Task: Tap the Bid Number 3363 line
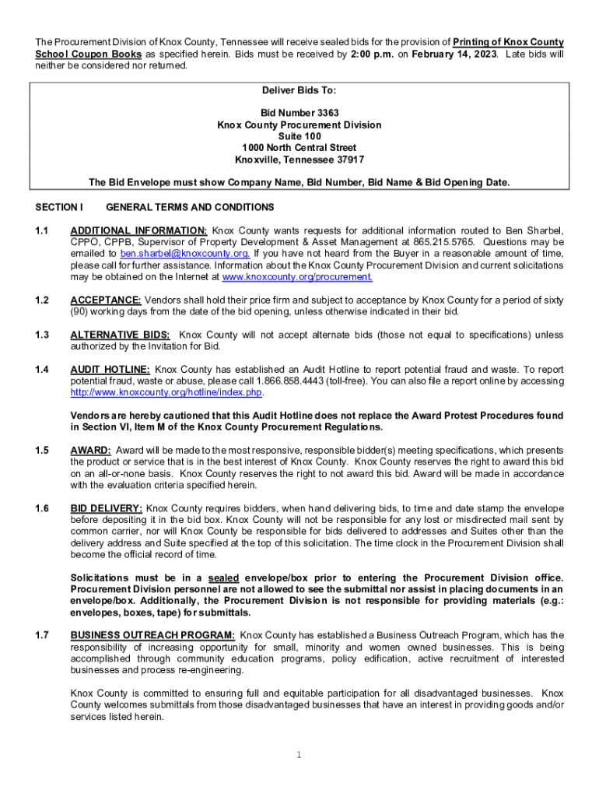(299, 113)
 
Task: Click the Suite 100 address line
(299, 136)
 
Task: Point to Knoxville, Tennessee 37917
(299, 160)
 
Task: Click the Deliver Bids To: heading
(299, 90)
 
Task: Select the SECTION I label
(59, 207)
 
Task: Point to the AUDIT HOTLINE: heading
(110, 369)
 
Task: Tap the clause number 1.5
(42, 450)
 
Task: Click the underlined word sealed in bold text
(224, 578)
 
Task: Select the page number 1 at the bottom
(299, 754)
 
